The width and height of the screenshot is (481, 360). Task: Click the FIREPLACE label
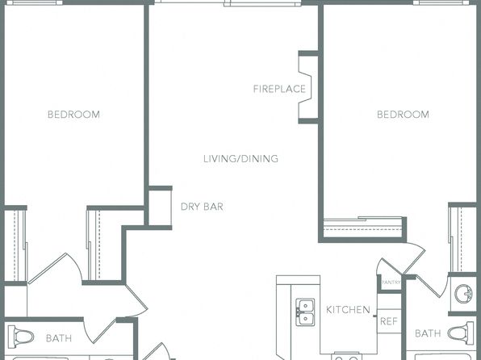click(x=279, y=89)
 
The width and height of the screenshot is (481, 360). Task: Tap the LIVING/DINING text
click(x=240, y=159)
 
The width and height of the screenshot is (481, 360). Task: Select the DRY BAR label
click(x=202, y=207)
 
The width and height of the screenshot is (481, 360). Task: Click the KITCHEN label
click(x=348, y=310)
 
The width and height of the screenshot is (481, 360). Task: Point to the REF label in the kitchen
click(x=389, y=321)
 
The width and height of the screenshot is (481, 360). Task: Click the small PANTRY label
click(x=391, y=283)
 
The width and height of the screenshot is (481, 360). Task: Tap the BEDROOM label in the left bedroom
click(x=73, y=115)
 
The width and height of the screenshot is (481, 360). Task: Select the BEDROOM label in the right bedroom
click(x=403, y=115)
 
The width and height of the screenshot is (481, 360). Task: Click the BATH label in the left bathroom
click(x=59, y=338)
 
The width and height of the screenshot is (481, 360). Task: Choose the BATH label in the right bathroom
click(x=428, y=333)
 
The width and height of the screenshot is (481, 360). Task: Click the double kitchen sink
click(x=305, y=312)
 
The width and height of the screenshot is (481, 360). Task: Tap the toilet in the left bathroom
click(x=20, y=337)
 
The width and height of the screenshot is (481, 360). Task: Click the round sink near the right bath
click(x=464, y=294)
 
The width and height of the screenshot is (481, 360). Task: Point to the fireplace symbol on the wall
click(x=308, y=87)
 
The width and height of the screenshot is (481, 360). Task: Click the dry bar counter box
click(x=160, y=207)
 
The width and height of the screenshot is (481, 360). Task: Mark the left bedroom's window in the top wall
click(x=34, y=2)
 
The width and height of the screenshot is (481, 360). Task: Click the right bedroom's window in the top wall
click(x=441, y=2)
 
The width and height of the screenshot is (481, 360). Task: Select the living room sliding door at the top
click(x=228, y=3)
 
